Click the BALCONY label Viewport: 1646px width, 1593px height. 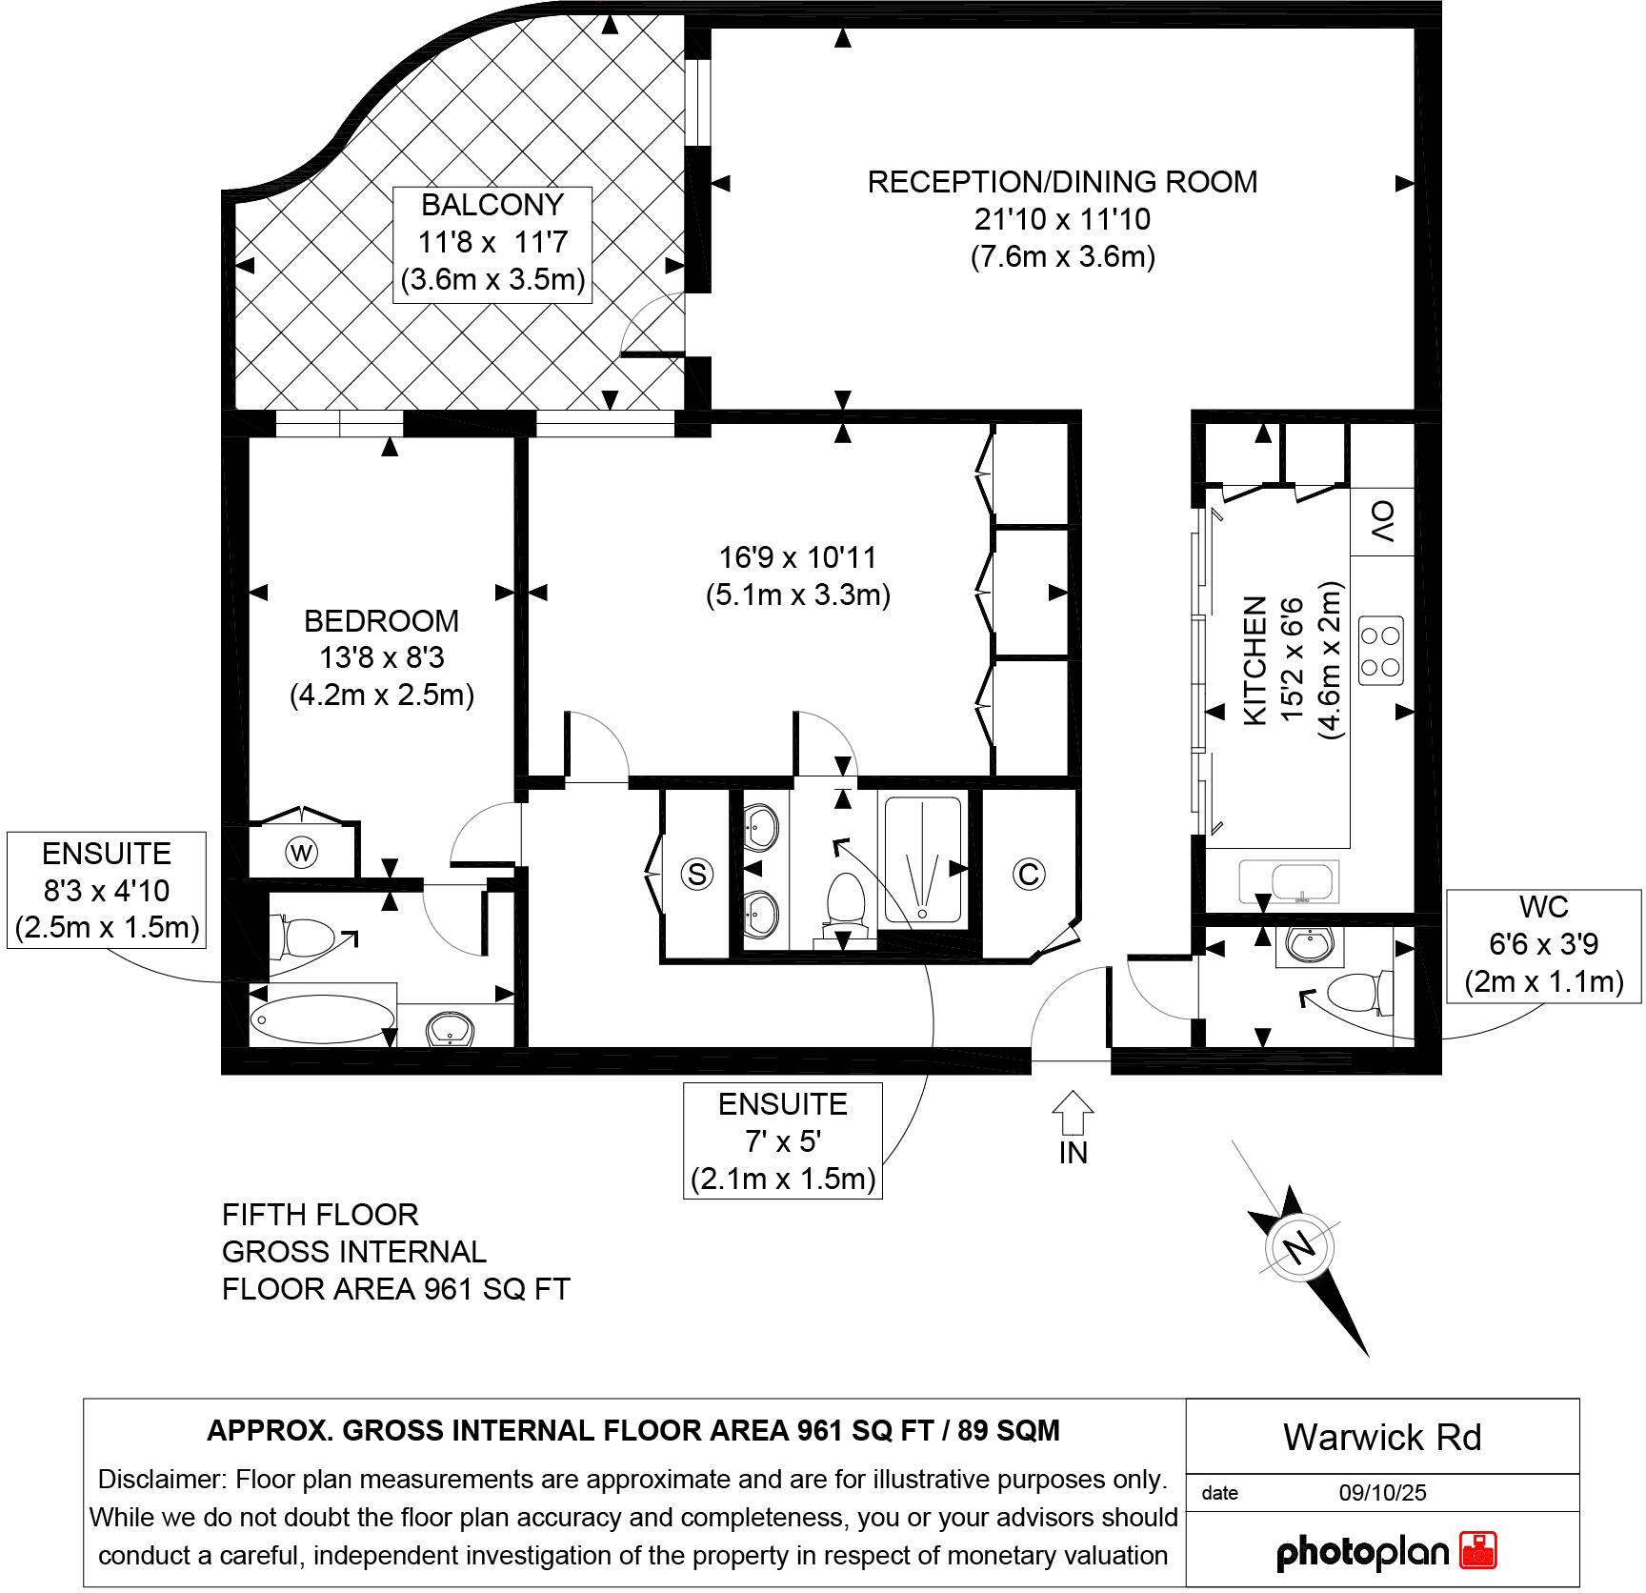tap(492, 206)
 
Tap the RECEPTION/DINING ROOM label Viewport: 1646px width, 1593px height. tap(1062, 182)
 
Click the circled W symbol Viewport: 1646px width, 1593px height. tap(302, 853)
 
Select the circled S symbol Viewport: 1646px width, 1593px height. tap(697, 874)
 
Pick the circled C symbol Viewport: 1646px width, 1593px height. tap(1029, 874)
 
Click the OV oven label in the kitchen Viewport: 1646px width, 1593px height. tap(1382, 521)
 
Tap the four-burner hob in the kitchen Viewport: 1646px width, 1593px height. tap(1380, 651)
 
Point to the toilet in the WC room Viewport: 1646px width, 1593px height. tap(1357, 993)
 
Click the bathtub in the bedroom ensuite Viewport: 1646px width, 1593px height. tap(322, 1019)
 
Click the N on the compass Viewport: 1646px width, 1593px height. tap(1299, 1247)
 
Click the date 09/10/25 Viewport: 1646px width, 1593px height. tap(1382, 1493)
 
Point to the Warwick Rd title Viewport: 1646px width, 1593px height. tap(1382, 1438)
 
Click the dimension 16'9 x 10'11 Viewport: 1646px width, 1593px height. tap(797, 557)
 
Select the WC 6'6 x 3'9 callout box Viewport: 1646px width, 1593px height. tap(1543, 944)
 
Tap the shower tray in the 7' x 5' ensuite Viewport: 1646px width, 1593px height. tap(922, 860)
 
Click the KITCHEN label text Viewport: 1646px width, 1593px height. tap(1255, 660)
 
